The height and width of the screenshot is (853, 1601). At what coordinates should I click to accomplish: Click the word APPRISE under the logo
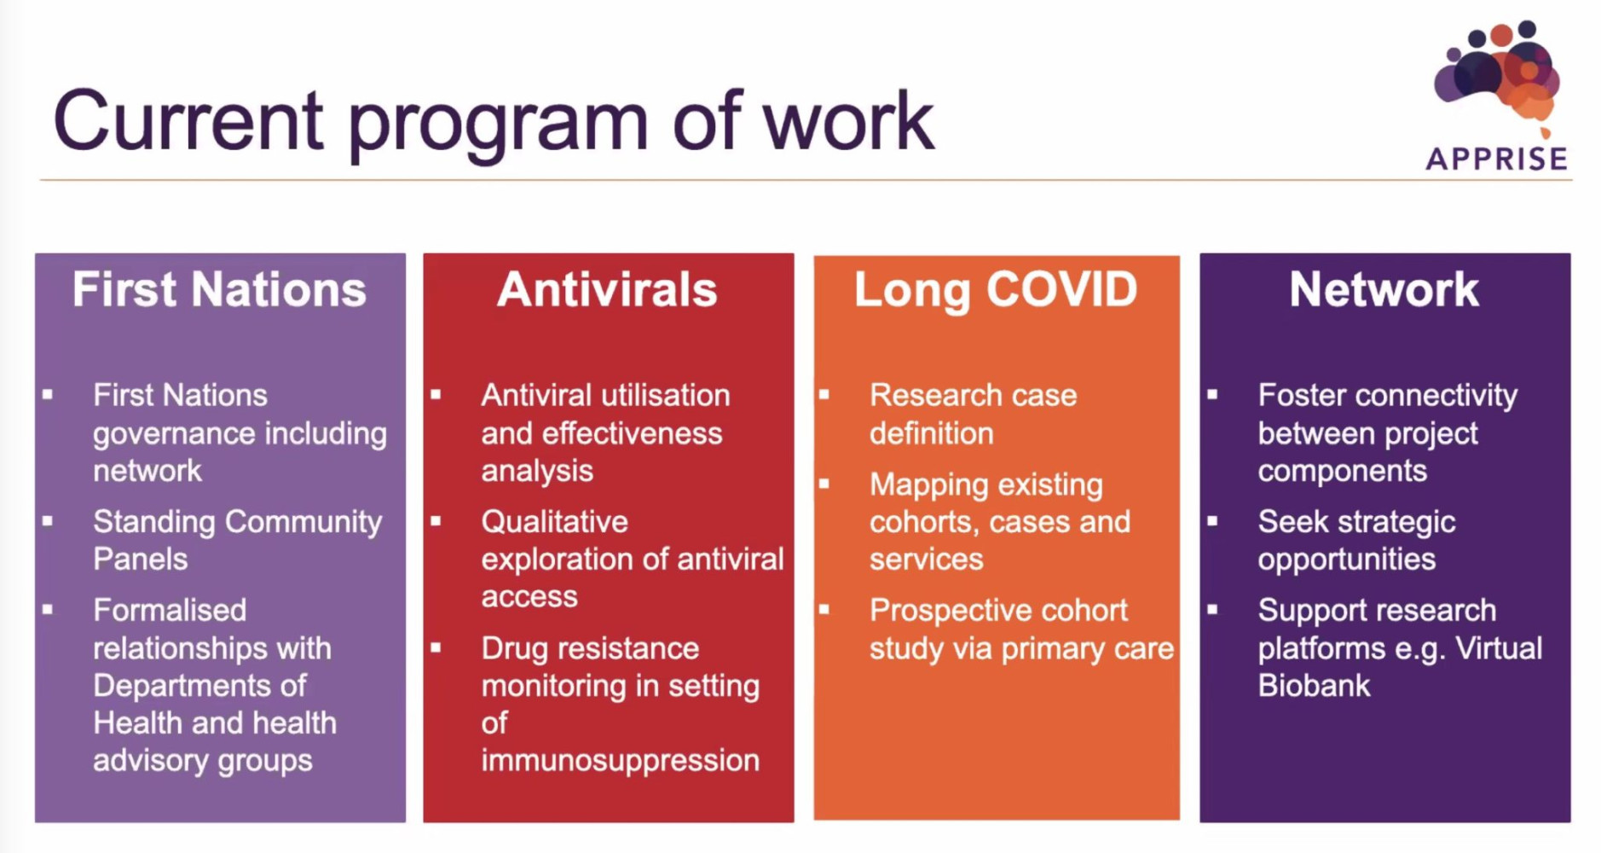click(1496, 159)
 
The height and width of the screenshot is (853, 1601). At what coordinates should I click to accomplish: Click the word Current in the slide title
click(188, 122)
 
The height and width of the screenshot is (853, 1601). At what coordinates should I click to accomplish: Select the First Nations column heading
click(219, 289)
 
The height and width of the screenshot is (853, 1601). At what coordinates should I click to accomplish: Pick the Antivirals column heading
click(607, 289)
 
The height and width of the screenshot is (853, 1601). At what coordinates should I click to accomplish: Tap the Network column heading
click(1384, 289)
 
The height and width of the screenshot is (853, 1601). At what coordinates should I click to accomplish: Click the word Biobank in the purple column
click(1314, 686)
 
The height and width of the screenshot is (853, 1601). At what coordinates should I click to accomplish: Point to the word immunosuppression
click(620, 760)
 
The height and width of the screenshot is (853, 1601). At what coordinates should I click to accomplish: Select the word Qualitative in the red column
click(554, 521)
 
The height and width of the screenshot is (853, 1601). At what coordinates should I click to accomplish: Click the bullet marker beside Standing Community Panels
click(48, 521)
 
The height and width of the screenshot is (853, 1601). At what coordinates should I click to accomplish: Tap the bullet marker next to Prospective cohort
click(824, 610)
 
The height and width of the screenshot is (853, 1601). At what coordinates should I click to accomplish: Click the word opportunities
click(1346, 560)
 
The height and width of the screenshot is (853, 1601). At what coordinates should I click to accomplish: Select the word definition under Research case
click(931, 433)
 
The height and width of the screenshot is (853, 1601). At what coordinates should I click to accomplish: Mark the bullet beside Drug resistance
click(436, 648)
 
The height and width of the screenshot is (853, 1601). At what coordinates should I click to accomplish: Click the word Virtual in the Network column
click(1498, 648)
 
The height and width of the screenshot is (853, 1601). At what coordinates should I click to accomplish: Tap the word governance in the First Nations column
click(162, 434)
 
